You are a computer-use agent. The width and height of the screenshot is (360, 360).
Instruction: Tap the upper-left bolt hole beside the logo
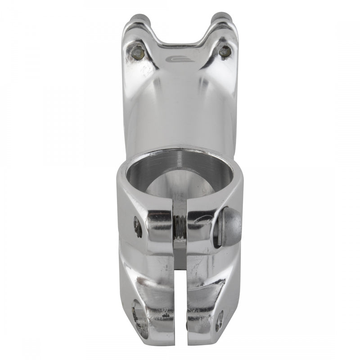[138, 53]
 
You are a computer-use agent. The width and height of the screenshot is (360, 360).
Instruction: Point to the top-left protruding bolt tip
[138, 19]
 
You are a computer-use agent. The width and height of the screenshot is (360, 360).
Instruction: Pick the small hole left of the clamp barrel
[138, 227]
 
